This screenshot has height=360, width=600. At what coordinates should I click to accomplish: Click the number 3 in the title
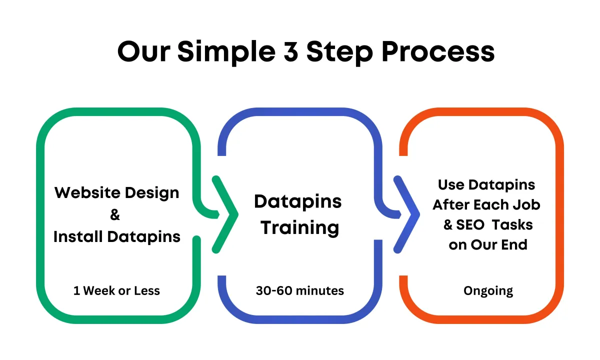(x=290, y=51)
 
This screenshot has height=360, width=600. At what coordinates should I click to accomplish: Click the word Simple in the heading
(x=226, y=52)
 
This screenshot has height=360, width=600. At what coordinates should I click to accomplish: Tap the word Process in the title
(x=438, y=51)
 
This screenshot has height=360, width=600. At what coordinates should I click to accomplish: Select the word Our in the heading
(x=144, y=51)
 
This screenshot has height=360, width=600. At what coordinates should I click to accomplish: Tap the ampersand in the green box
(x=115, y=214)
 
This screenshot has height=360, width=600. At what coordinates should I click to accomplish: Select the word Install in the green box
(x=78, y=236)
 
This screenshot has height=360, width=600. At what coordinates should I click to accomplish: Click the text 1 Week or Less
(x=116, y=290)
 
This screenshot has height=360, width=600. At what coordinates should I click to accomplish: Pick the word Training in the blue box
(x=300, y=228)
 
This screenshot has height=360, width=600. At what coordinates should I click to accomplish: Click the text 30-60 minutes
(x=299, y=290)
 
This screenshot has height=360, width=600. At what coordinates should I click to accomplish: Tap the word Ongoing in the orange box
(x=488, y=291)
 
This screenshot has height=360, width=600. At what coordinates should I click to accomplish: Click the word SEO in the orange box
(x=470, y=224)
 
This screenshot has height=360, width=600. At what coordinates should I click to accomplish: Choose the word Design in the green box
(x=152, y=193)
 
